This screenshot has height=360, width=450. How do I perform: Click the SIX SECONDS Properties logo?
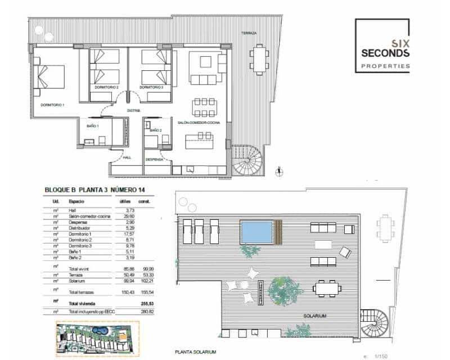tap(382, 46)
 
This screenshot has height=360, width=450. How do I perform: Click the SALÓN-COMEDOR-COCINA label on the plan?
tap(199, 123)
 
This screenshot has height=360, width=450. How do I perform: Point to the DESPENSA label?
tap(154, 160)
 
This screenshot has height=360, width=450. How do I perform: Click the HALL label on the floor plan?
tap(127, 157)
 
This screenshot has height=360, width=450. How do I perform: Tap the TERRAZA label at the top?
tap(249, 33)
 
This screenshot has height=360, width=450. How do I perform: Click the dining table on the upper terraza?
tap(259, 58)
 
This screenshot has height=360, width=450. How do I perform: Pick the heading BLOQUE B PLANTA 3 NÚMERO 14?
tap(98, 190)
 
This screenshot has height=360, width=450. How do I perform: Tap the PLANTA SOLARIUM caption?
tap(196, 352)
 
